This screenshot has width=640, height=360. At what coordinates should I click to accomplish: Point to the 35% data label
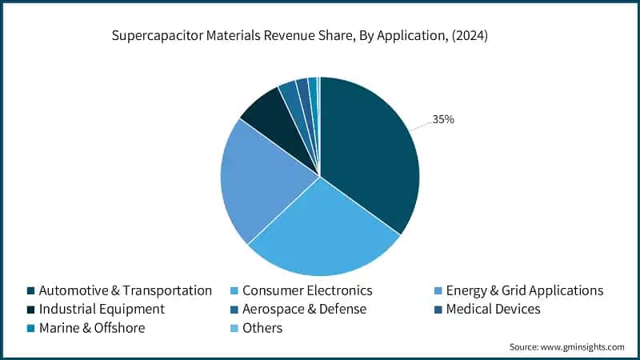coord(443,119)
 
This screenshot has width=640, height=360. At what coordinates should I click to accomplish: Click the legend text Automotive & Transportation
coord(125,290)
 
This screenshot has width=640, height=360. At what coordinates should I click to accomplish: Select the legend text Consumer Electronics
coord(307,290)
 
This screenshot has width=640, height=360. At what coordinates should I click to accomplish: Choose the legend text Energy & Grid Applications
coord(525,290)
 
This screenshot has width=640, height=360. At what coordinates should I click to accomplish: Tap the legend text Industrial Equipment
coord(102,309)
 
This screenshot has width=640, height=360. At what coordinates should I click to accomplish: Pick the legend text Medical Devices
coord(494,309)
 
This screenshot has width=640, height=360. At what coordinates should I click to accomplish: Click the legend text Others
coord(262,328)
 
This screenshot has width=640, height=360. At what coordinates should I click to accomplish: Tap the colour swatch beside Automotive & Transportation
coord(30,290)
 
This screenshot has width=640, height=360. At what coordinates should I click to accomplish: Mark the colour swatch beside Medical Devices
coord(438,309)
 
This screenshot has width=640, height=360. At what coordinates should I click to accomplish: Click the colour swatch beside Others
coord(234,328)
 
